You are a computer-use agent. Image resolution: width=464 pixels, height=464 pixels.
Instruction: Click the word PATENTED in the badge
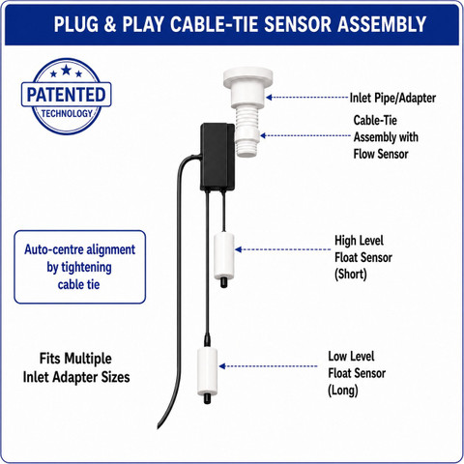(x=66, y=95)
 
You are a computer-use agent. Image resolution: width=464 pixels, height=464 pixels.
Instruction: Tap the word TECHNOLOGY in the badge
(x=67, y=113)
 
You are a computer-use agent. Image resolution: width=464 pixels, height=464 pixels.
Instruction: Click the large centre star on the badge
(x=66, y=70)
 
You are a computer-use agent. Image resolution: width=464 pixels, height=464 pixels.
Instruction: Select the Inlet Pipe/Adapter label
(x=392, y=98)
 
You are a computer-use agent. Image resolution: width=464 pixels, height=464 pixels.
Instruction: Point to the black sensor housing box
(x=217, y=157)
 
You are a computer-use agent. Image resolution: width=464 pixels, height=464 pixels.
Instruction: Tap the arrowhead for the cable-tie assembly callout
(x=263, y=135)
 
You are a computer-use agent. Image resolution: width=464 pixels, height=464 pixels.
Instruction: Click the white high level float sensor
(x=224, y=256)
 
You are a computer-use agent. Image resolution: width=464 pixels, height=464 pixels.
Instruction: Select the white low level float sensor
(x=207, y=372)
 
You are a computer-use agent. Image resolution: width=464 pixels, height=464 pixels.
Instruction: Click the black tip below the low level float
(x=207, y=399)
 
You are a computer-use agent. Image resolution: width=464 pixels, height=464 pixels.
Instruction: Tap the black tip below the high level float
(x=223, y=283)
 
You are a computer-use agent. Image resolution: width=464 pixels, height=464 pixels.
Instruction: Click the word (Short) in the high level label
(x=351, y=275)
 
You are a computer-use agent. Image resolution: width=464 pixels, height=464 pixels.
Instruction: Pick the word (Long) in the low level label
(x=343, y=391)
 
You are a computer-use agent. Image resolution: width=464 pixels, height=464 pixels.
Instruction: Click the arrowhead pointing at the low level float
(x=222, y=366)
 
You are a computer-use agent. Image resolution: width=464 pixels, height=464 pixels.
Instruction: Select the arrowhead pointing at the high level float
(x=239, y=249)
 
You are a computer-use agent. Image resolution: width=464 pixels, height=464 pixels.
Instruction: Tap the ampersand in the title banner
(x=110, y=24)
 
